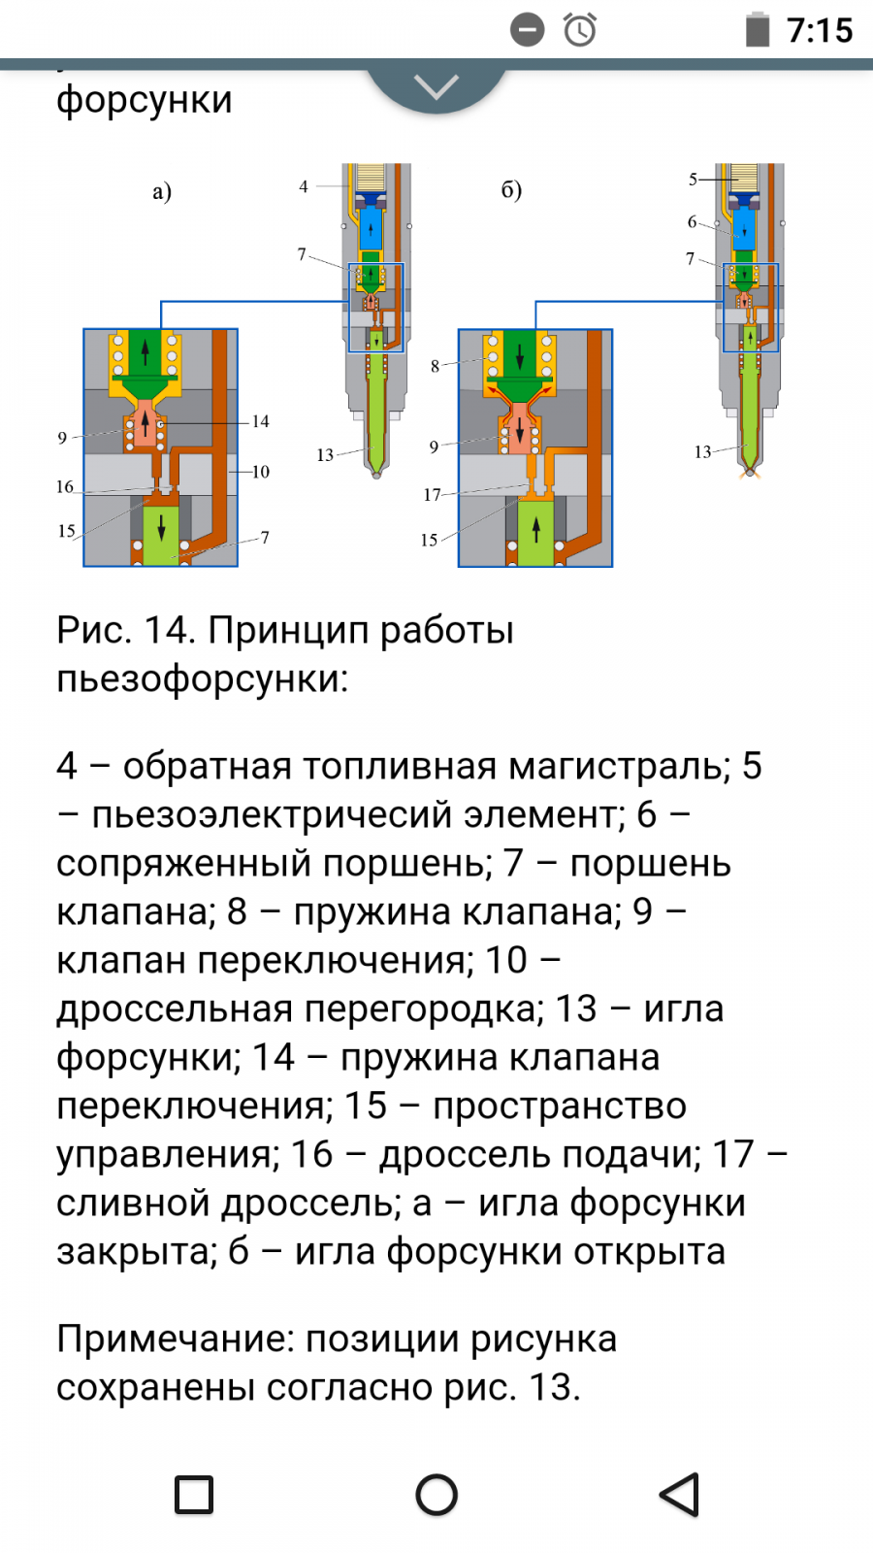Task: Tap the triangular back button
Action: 679,1494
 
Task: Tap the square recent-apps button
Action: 194,1495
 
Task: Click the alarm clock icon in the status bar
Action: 579,30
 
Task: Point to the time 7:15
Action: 820,31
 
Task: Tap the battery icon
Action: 758,30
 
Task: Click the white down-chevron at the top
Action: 436,87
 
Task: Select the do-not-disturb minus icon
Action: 528,30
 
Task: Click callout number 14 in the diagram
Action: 261,421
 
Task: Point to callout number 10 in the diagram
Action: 261,472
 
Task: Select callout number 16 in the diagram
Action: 64,486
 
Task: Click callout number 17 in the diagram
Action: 432,495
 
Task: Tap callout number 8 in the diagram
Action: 436,366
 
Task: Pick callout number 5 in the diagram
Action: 693,180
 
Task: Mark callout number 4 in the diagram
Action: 304,186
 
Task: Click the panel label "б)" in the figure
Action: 511,190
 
